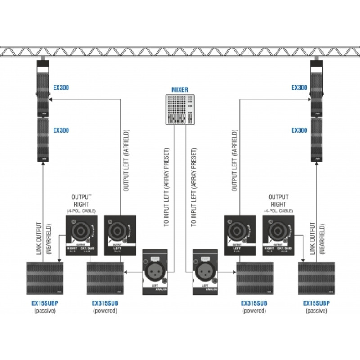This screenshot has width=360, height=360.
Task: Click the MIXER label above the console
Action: (180, 90)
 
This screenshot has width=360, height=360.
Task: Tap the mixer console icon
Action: (180, 109)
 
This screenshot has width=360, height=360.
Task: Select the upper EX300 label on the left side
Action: (61, 88)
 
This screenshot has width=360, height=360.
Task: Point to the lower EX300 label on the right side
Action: (299, 130)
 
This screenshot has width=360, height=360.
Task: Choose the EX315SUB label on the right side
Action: (254, 303)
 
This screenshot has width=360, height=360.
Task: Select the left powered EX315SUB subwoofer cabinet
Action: (105, 278)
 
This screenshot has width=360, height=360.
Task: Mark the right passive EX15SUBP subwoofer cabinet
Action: (316, 278)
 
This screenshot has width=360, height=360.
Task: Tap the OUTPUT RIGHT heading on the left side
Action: (81, 200)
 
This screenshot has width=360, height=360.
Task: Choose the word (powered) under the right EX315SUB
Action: (254, 310)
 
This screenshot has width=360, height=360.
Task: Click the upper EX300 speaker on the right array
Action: (318, 88)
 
